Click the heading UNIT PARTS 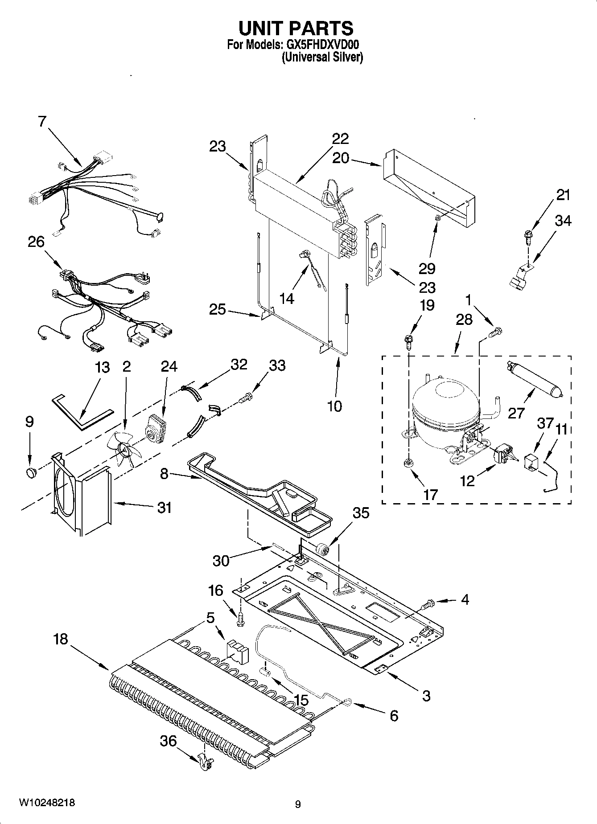[x=296, y=28]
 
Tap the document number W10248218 [x=46, y=803]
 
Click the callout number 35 [x=361, y=513]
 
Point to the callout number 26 [x=36, y=242]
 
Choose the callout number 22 [x=339, y=139]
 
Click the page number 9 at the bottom [x=298, y=804]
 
